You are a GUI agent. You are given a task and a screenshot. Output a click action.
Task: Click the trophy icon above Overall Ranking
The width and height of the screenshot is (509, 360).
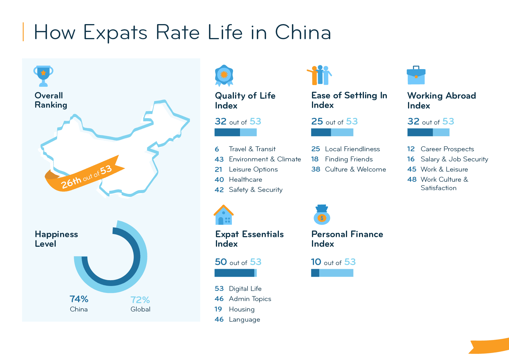pos(43,76)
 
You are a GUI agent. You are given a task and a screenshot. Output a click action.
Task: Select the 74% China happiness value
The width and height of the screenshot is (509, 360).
pos(79,299)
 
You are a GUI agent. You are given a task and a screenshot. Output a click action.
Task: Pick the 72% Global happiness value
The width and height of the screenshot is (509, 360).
pos(140,300)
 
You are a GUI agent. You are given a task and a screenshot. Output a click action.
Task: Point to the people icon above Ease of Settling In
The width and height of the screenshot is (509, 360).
pos(320,75)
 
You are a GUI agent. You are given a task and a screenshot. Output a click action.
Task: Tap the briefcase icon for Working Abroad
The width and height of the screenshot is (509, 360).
pos(416,75)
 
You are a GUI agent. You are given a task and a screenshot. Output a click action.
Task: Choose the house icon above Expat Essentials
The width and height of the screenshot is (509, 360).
pos(224,215)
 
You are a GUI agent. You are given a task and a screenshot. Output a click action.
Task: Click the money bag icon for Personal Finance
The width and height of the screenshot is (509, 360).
pos(322,215)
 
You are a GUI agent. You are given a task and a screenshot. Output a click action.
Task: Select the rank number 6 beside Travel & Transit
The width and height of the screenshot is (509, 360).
pos(217,149)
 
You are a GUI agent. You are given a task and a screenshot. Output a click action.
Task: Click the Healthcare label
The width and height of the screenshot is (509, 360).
pos(246,180)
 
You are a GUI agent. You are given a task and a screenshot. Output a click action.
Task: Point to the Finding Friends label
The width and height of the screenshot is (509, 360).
pos(349,159)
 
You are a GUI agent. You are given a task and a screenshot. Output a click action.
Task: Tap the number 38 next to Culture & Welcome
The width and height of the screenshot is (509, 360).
pos(315,170)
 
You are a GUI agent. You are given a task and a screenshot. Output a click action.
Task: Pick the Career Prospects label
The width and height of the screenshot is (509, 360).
pos(447,149)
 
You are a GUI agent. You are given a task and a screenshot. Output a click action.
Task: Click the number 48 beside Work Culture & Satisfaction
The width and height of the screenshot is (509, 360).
pos(412,180)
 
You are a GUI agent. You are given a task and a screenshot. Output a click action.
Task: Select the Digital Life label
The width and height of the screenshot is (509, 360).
pos(245,289)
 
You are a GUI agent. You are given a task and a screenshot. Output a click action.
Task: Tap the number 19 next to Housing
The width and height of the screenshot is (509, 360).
pos(218,309)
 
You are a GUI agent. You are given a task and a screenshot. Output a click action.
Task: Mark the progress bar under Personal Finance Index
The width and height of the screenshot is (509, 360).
pos(332,273)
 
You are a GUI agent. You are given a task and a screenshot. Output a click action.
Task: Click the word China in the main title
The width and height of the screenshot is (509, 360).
pos(303,32)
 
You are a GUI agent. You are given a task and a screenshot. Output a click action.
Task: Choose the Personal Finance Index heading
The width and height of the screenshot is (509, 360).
pos(347,239)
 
